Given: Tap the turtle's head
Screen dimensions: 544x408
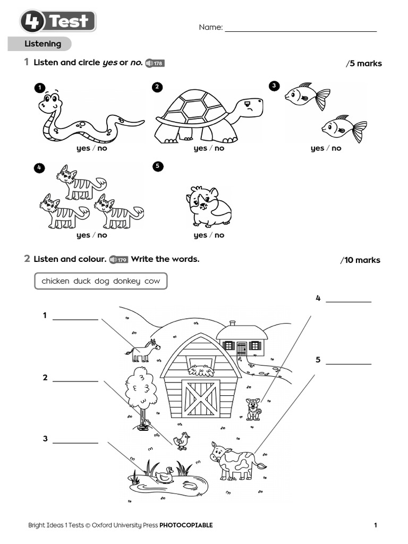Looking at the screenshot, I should click(x=250, y=108).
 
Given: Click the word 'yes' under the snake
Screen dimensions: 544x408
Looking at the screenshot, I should click(x=83, y=148).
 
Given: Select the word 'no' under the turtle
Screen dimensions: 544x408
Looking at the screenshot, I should click(x=219, y=148).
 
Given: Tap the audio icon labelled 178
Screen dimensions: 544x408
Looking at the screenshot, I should click(x=155, y=63).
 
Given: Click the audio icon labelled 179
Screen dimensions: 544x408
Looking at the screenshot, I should click(x=118, y=260).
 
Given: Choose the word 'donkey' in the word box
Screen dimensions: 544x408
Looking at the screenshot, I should click(x=127, y=281).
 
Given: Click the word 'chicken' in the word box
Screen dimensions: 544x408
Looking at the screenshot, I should click(x=55, y=281).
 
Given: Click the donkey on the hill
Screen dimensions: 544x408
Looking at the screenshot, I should click(x=143, y=351).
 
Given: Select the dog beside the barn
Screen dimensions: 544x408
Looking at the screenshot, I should click(x=253, y=409).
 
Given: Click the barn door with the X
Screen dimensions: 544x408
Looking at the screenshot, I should click(x=200, y=398).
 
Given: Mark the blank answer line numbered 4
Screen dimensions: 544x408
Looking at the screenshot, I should click(x=348, y=301).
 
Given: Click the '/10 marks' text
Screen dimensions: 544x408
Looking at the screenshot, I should click(x=360, y=260).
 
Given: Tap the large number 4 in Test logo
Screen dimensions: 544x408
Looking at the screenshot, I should click(x=33, y=22).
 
